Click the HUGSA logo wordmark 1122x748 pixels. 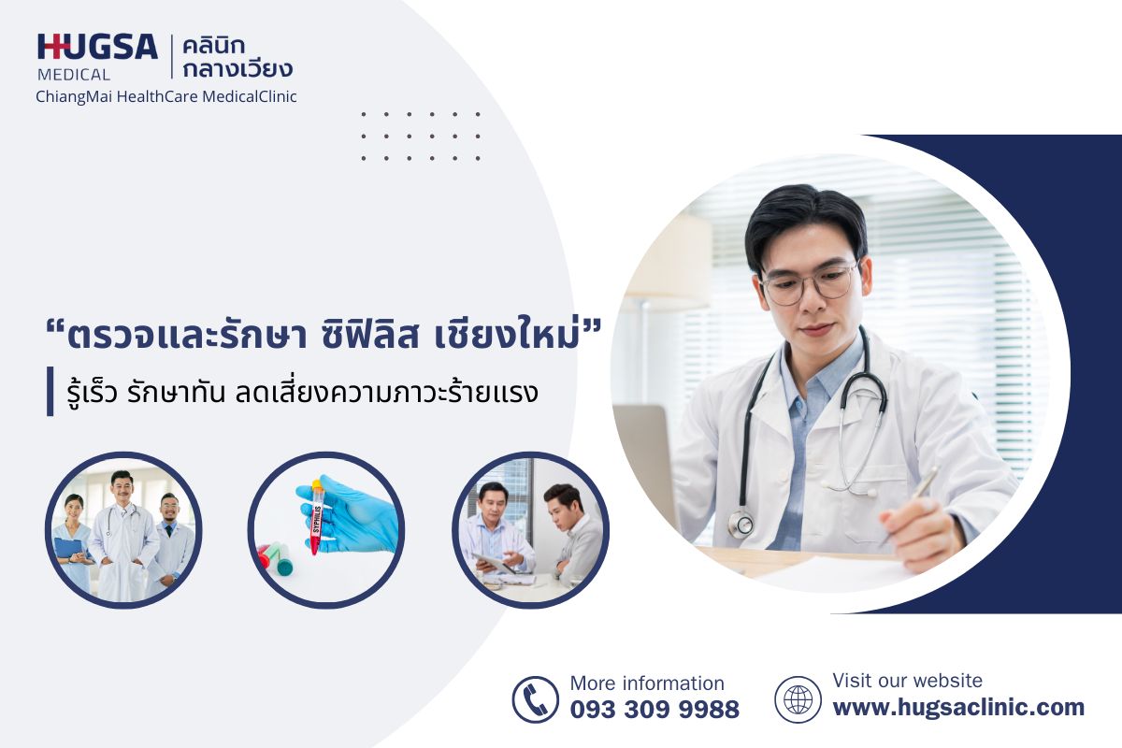97,47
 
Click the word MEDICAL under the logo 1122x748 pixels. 74,75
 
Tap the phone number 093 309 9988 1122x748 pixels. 654,710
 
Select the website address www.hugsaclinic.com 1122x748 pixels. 958,708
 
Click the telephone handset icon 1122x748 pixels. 535,699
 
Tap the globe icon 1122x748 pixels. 798,699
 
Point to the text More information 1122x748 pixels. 647,683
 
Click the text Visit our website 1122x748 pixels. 907,681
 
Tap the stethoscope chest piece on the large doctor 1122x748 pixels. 742,524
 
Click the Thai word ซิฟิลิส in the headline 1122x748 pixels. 369,335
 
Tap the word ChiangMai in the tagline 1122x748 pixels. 74,96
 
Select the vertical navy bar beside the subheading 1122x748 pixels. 50,391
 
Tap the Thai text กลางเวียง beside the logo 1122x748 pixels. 237,68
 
